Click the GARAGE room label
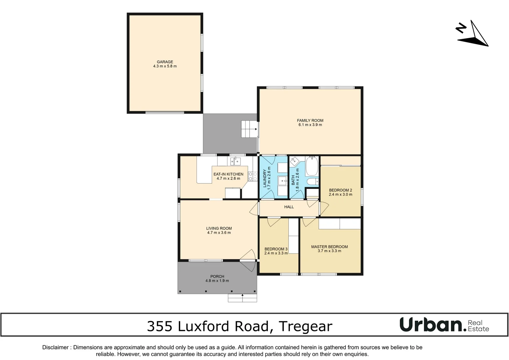[x=165, y=62]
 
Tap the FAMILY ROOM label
[x=310, y=120]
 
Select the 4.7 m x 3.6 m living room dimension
[x=219, y=233]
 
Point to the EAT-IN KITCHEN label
[x=228, y=174]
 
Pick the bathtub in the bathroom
[x=312, y=166]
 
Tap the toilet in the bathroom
[x=312, y=182]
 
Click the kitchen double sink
[x=235, y=161]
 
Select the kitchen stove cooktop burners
[x=253, y=176]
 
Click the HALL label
[x=289, y=207]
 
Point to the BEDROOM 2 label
[x=340, y=190]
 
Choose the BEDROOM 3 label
[x=276, y=249]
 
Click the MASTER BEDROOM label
[x=329, y=247]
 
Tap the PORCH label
[x=217, y=276]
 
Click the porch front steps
[x=242, y=298]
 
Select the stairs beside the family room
[x=249, y=129]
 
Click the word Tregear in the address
[x=305, y=326]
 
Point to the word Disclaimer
[x=56, y=347]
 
